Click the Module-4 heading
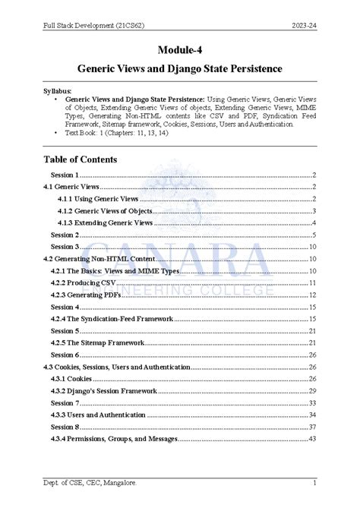pos(180,50)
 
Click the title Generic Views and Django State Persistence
pos(180,68)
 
